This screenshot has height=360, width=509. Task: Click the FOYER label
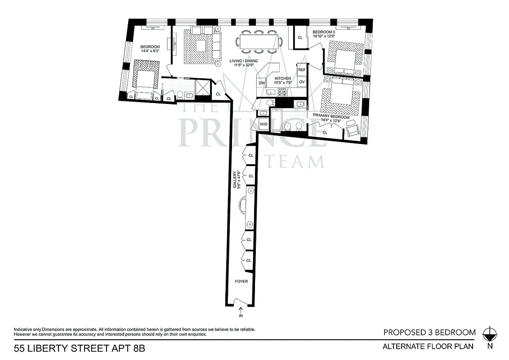241,281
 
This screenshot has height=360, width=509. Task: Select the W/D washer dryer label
263,124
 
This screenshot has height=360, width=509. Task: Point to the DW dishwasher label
261,83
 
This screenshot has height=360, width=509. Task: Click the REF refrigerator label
302,70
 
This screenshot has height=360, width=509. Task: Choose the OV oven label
302,82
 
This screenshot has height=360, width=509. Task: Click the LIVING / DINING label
241,63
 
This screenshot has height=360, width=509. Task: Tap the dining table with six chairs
259,41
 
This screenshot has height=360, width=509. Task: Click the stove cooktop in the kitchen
283,92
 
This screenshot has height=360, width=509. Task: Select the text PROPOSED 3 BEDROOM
429,333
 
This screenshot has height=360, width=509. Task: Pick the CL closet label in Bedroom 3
300,38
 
